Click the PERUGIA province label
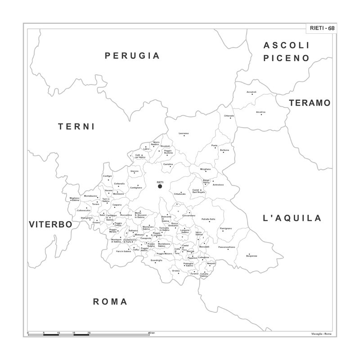coord(132,56)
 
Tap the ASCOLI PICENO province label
coord(287,52)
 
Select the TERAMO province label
coord(310,103)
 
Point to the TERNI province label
coord(76,127)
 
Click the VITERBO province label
coord(50,224)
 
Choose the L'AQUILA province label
coord(292,218)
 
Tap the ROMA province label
coord(110,301)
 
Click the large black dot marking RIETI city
coord(160,186)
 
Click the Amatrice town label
coord(261,112)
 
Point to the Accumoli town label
coord(251,92)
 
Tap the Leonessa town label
coord(183,133)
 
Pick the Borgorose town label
coord(252,256)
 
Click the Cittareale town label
coord(229,116)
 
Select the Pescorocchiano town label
coord(226,247)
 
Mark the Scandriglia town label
coord(157,261)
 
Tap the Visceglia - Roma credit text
coord(321,333)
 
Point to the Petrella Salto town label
coord(208,219)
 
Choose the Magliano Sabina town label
coord(74,198)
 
